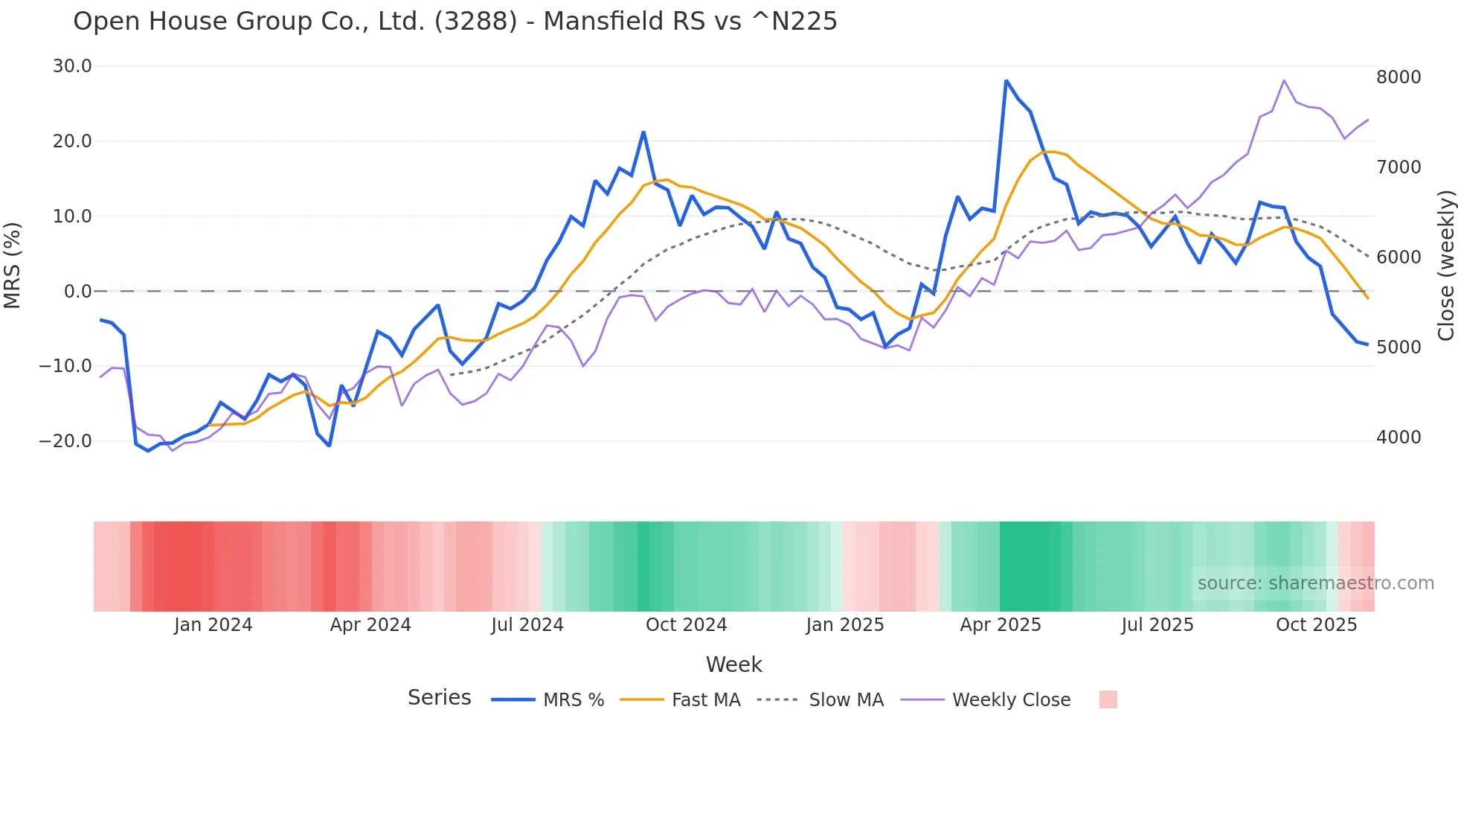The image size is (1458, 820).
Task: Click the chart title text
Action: coord(455,22)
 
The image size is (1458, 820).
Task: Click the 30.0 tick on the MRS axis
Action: coord(72,66)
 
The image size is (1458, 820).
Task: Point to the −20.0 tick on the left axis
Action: coord(66,441)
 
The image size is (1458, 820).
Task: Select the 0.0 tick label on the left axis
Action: coord(77,292)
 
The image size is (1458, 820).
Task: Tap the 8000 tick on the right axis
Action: coord(1398,77)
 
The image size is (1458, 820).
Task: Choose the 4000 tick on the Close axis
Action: coord(1398,438)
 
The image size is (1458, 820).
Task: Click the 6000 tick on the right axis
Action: coord(1398,257)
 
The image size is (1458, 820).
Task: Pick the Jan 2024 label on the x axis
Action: coord(213,625)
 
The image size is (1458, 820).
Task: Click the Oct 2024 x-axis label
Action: coord(686,625)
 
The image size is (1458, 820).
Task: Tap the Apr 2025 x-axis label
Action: coord(1001,625)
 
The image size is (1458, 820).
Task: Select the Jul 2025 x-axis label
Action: coord(1157,625)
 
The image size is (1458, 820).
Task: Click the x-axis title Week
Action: coord(733,664)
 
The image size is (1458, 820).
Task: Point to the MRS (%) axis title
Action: coord(13,265)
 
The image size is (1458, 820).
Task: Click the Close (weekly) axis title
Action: coord(1445,266)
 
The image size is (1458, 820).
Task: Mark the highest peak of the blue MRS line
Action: coord(1006,81)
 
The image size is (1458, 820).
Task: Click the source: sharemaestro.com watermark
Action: coord(1315,583)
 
